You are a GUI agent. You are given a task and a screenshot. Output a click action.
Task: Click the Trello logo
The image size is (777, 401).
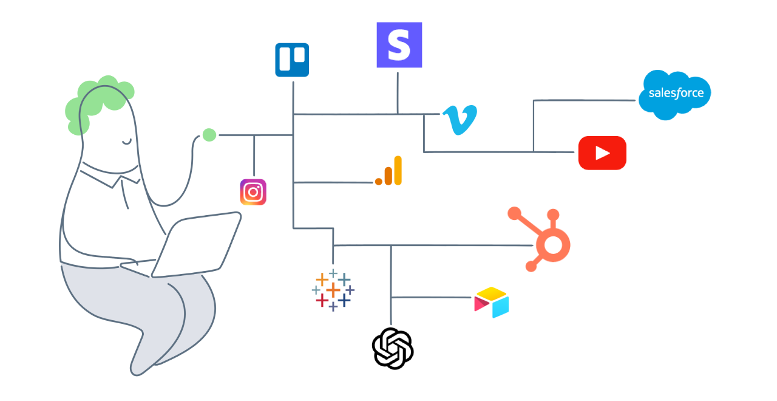click(292, 60)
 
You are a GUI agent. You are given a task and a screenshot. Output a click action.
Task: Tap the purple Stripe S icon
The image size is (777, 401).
click(399, 45)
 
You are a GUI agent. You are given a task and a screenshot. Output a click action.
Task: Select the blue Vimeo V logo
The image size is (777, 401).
click(460, 120)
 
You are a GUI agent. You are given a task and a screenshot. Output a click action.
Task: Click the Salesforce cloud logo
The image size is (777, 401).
click(675, 94)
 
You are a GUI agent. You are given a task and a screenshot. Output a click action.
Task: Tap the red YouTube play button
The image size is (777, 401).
click(602, 153)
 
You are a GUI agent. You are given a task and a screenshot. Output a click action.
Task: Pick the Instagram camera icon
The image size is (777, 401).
click(253, 192)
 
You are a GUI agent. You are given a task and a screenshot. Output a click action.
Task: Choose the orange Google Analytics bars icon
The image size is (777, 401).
click(388, 171)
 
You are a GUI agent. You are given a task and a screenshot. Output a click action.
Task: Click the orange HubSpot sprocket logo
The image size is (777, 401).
click(546, 240)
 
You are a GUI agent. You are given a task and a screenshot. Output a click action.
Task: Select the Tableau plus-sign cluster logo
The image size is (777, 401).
click(333, 290)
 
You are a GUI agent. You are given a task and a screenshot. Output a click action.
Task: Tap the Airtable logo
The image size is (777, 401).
click(492, 302)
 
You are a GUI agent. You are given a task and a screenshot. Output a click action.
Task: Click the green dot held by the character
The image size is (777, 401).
click(209, 135)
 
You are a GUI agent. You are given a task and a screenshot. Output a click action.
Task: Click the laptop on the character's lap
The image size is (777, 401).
click(197, 243)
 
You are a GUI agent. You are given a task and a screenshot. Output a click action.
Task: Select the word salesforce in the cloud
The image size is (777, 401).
click(676, 93)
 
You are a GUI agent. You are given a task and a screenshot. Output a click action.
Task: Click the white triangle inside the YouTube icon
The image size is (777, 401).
click(602, 153)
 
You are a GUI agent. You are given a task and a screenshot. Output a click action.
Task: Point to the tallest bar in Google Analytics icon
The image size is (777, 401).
click(398, 170)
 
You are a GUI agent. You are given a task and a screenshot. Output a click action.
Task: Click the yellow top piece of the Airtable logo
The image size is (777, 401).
click(491, 293)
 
